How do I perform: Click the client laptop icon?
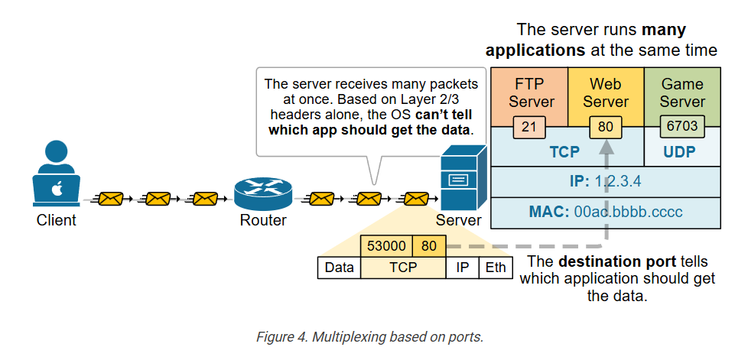tap(56, 188)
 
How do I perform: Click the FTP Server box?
tap(529, 92)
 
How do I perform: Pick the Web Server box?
tap(606, 92)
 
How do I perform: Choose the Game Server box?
tap(682, 92)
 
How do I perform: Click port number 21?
tap(528, 126)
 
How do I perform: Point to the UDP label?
tap(679, 151)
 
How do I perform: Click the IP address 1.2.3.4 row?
tap(605, 183)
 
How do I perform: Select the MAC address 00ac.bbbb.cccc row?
tap(605, 211)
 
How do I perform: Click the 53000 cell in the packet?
tap(386, 247)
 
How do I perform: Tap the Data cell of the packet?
tap(339, 268)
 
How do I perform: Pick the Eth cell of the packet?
tap(496, 268)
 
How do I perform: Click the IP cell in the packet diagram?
tap(462, 268)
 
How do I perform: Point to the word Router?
tap(263, 221)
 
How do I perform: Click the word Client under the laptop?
tap(57, 221)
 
